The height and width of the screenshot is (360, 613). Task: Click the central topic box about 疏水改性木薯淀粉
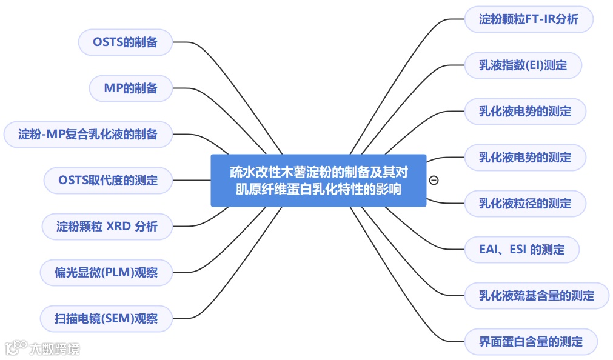coord(318,180)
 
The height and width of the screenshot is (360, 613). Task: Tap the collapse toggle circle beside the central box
coord(434,180)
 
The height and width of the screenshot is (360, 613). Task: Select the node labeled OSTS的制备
coord(125,42)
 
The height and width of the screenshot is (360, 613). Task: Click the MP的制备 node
coord(130,88)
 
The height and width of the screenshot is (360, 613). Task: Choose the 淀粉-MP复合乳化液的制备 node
coord(88,134)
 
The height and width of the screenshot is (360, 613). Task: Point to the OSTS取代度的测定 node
coord(108,180)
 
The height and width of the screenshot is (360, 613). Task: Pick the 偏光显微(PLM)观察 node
coord(106,272)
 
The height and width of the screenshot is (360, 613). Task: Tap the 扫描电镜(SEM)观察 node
coord(106,318)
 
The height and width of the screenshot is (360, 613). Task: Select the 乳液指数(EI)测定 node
coord(523,65)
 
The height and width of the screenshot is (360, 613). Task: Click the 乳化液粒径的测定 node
coord(524,204)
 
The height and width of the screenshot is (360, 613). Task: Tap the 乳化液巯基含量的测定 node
coord(536,296)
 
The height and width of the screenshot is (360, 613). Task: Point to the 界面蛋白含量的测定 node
coord(531,342)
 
